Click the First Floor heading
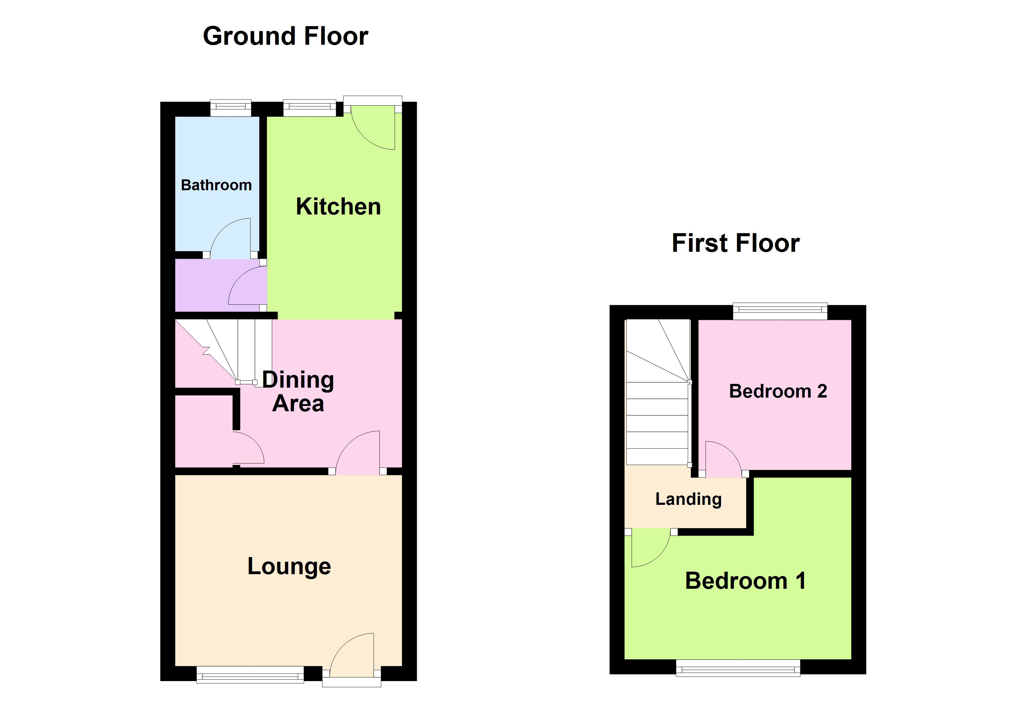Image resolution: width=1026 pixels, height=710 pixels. (736, 243)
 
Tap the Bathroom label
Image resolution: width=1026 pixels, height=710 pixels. (216, 185)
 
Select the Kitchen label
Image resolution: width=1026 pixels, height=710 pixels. (338, 207)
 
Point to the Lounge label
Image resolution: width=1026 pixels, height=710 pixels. (289, 566)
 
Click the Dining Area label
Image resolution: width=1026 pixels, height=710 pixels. (298, 391)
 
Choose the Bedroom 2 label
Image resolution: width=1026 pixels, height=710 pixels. (778, 391)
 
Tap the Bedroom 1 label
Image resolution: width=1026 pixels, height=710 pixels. (745, 581)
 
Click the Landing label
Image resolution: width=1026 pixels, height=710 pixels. (688, 499)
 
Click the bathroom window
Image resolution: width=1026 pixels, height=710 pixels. (230, 108)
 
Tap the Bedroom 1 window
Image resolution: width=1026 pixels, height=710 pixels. (738, 667)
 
